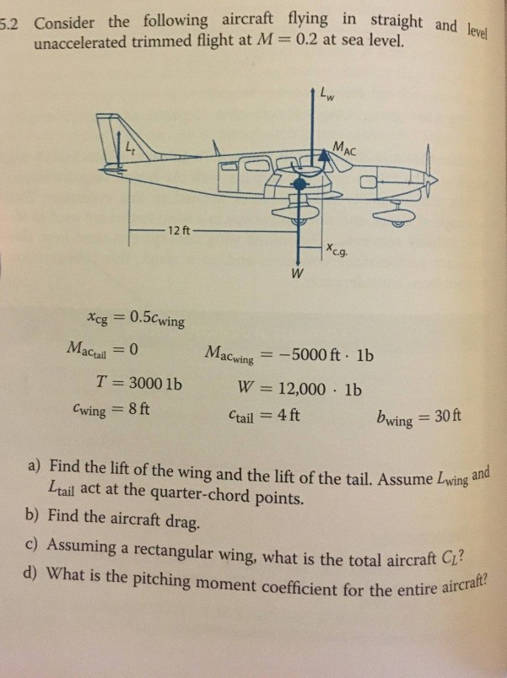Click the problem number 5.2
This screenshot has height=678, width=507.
click(11, 21)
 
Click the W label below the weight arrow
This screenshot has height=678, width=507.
click(296, 274)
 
